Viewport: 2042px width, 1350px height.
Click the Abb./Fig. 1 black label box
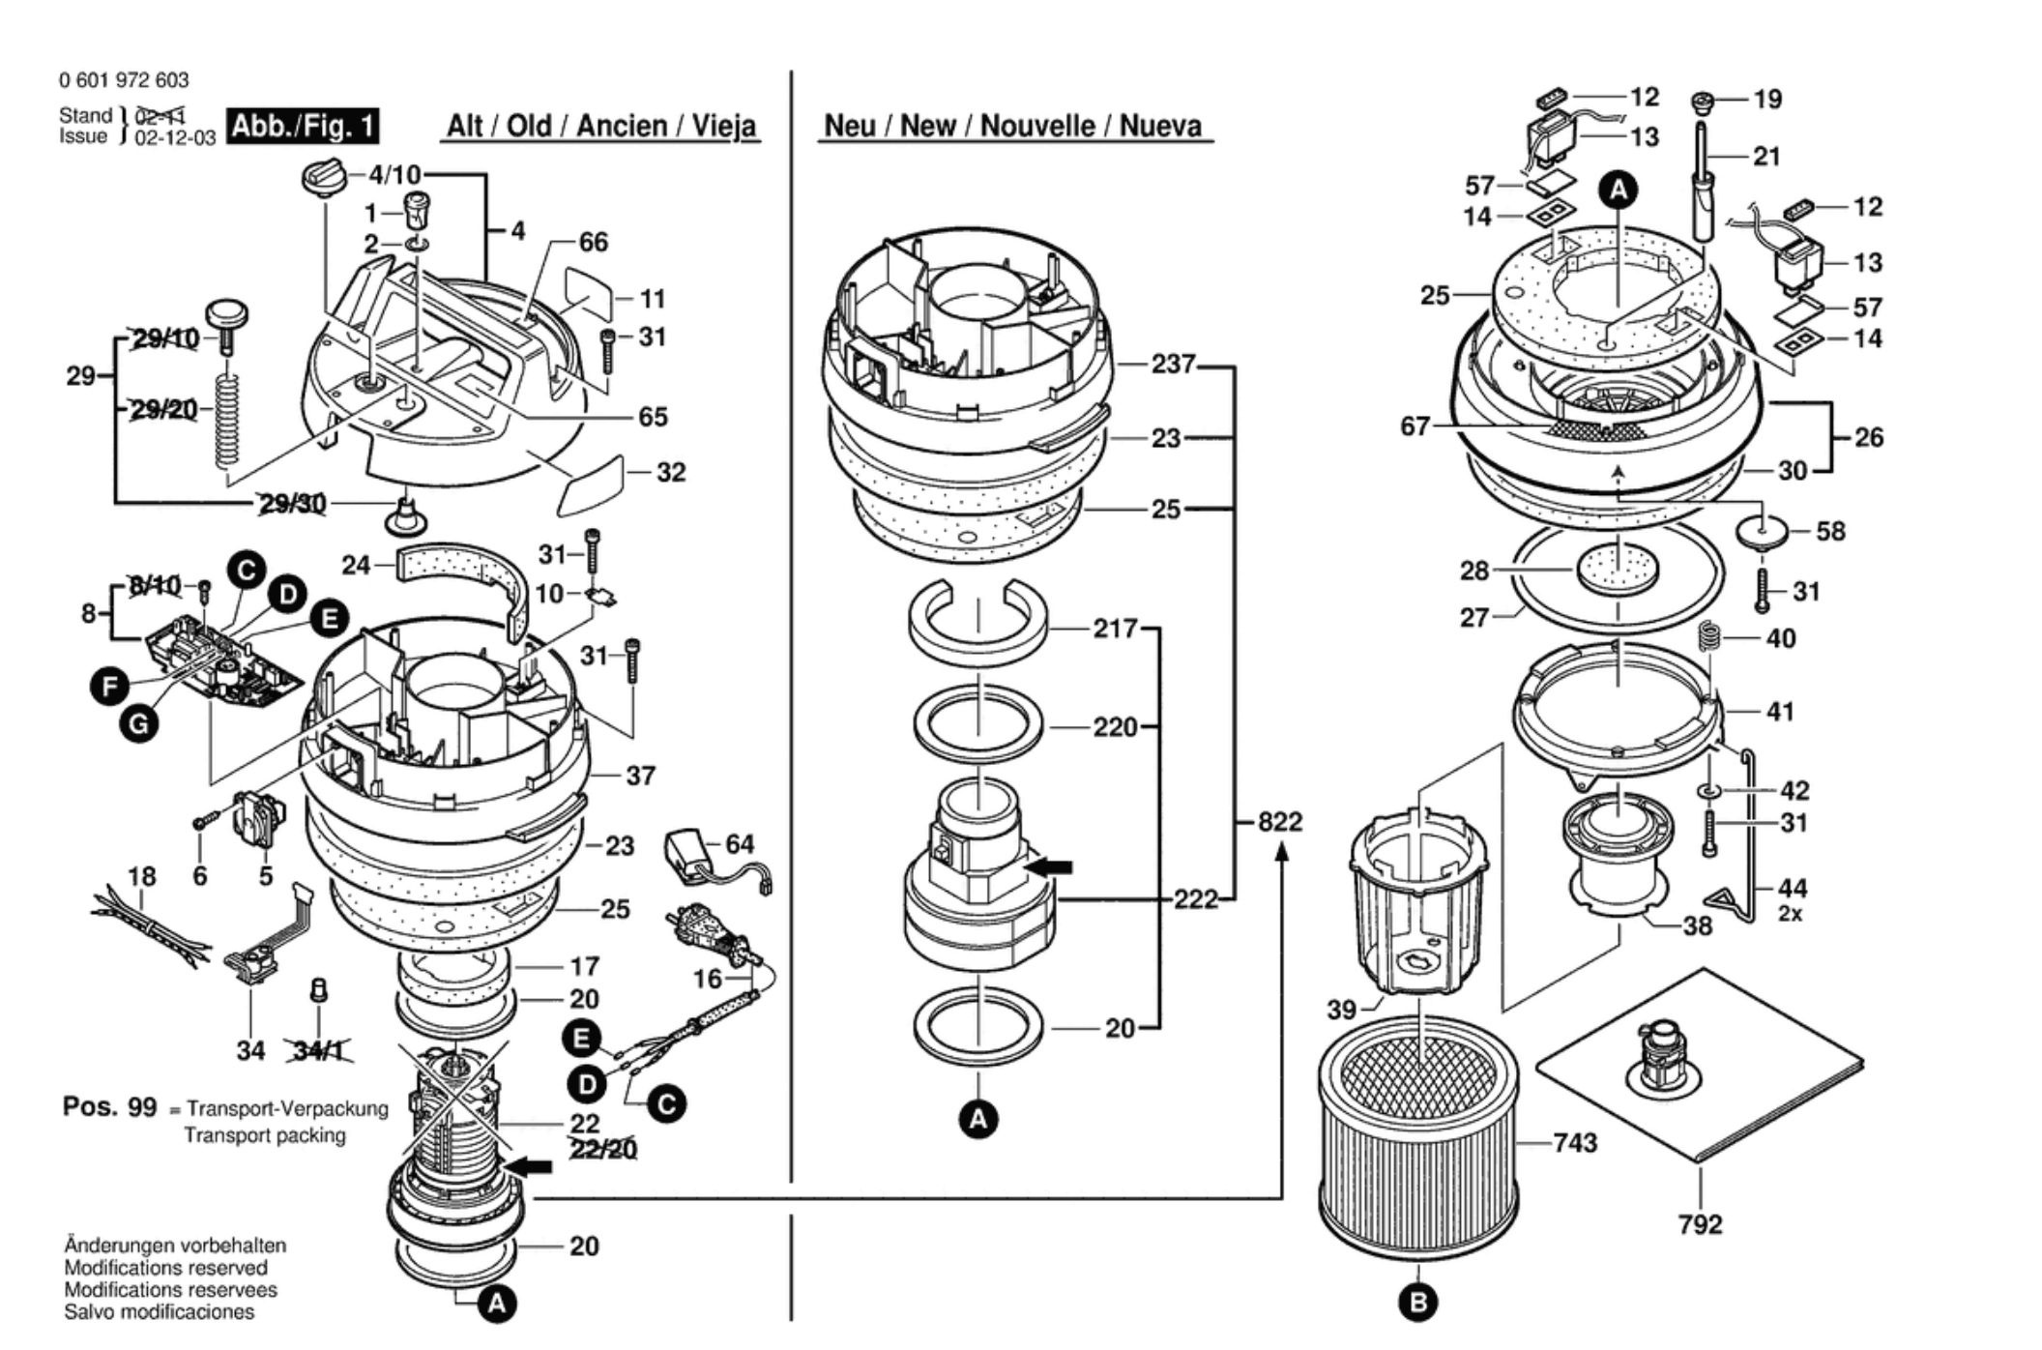pos(303,126)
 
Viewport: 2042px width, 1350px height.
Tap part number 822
pos(1280,822)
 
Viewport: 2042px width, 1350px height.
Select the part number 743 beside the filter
pos(1575,1143)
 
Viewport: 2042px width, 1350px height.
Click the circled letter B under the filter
pos(1418,1302)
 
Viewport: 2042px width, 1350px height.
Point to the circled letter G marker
pos(139,723)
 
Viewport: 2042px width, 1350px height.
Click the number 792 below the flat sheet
pos(1701,1224)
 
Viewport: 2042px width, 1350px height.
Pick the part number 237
pos(1174,365)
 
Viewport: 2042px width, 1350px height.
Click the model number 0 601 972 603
pos(124,80)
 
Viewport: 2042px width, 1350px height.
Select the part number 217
pos(1116,629)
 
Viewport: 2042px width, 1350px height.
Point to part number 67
pos(1415,426)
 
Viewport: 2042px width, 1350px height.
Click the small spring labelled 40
pos(1709,638)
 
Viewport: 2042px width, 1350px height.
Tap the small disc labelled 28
pos(1617,570)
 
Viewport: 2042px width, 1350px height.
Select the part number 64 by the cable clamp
pos(740,844)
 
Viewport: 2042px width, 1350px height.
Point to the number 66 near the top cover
pos(594,242)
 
